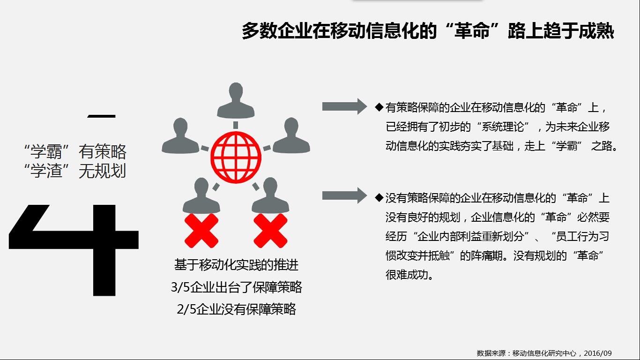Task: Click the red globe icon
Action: tap(236, 157)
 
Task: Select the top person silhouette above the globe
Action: tap(236, 101)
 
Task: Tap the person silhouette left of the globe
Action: tap(180, 136)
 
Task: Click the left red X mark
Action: tap(201, 231)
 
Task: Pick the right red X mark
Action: tap(270, 231)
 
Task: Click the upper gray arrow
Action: tap(344, 106)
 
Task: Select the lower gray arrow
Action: tap(344, 195)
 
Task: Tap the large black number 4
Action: tap(74, 250)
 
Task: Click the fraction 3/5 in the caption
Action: tap(180, 287)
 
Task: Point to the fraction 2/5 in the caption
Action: tap(186, 309)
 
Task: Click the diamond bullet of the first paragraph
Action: tap(379, 107)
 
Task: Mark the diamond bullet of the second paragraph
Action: tap(379, 197)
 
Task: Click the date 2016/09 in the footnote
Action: tap(598, 353)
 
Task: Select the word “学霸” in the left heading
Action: tap(46, 151)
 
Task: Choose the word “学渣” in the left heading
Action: tap(46, 171)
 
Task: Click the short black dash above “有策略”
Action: tap(101, 116)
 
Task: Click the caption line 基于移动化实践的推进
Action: tap(236, 265)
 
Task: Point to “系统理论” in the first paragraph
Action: tap(503, 127)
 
